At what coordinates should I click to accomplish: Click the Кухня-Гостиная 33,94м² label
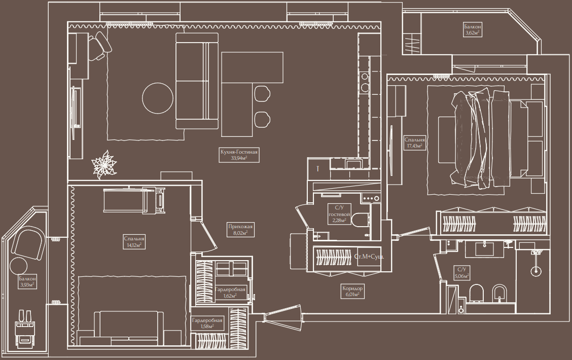(x=239, y=155)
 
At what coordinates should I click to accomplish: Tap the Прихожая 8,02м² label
(x=240, y=229)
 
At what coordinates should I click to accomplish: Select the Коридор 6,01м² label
(x=352, y=291)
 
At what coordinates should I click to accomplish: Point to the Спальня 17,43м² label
(x=414, y=142)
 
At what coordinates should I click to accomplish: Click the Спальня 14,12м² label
(x=134, y=242)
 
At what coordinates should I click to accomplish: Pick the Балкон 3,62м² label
(x=473, y=29)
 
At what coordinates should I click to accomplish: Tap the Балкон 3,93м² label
(x=27, y=281)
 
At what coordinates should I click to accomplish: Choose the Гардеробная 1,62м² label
(x=230, y=293)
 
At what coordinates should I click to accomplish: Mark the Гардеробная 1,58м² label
(x=207, y=323)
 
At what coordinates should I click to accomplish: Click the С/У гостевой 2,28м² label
(x=339, y=214)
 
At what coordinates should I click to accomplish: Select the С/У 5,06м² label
(x=461, y=273)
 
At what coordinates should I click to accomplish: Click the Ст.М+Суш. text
(x=369, y=257)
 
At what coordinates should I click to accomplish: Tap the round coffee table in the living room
(x=158, y=98)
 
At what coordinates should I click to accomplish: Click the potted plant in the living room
(x=104, y=165)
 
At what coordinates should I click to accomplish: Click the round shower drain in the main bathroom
(x=535, y=271)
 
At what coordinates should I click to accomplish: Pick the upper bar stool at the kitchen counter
(x=262, y=93)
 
